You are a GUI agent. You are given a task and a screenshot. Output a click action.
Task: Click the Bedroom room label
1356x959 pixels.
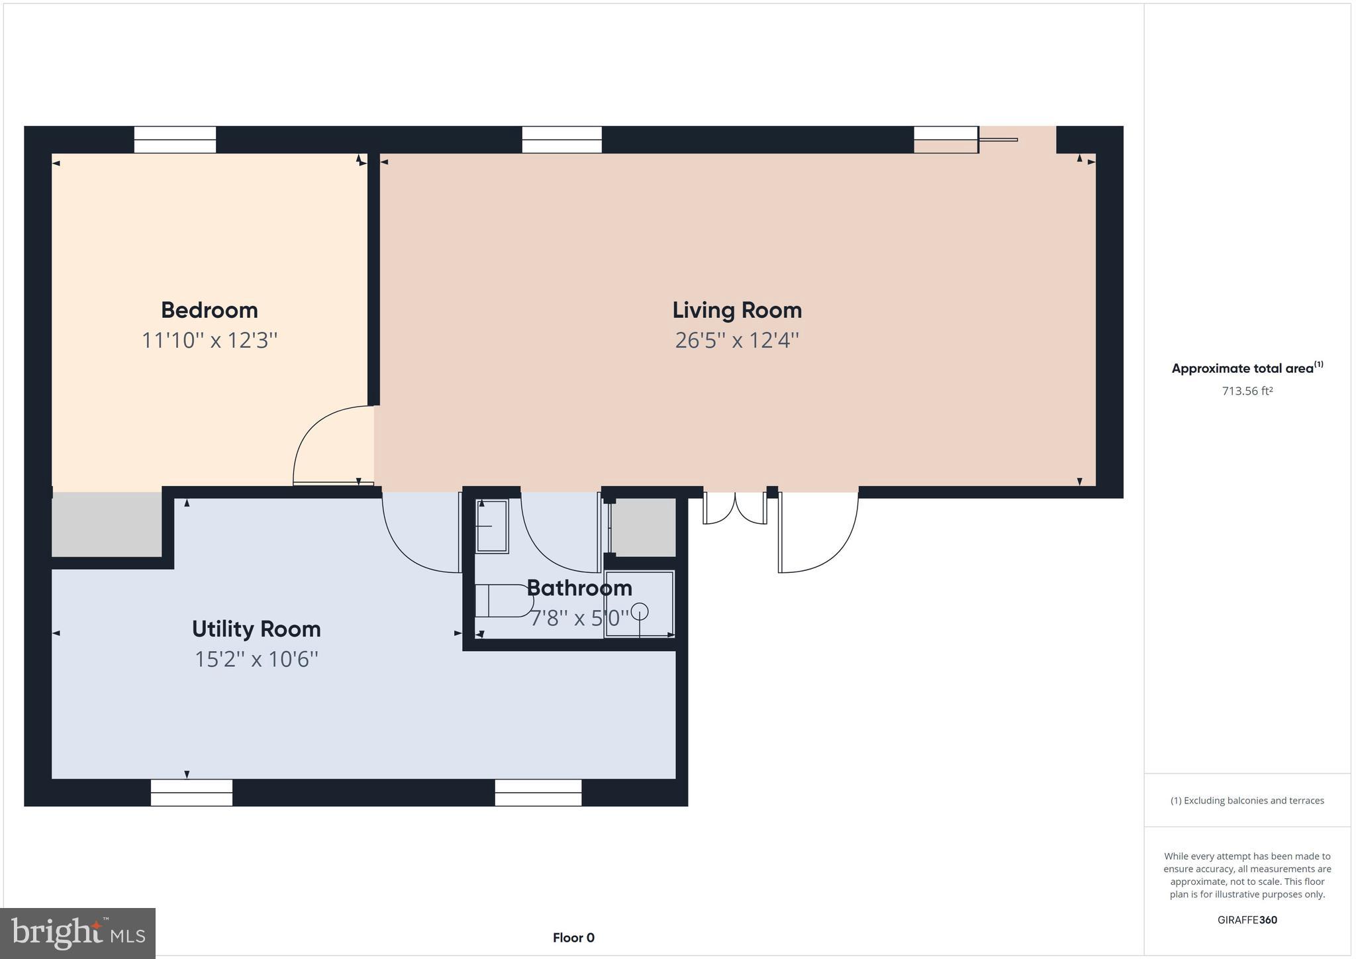(209, 310)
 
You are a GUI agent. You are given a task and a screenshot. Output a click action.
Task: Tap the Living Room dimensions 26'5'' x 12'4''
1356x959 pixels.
(736, 340)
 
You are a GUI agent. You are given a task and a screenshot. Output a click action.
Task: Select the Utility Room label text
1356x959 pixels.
(256, 629)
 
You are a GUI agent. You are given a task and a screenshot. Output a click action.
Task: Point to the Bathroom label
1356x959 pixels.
(579, 587)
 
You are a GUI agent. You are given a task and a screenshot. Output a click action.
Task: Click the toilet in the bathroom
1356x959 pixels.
(503, 601)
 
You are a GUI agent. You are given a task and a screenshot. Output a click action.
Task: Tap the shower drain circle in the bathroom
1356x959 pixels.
(640, 611)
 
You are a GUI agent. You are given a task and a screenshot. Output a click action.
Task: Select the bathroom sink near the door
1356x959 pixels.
(492, 526)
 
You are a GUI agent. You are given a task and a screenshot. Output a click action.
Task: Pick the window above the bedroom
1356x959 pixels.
(175, 140)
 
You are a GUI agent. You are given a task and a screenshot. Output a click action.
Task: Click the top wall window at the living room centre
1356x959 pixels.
(561, 140)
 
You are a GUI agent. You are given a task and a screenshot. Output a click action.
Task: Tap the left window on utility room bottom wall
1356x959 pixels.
(191, 792)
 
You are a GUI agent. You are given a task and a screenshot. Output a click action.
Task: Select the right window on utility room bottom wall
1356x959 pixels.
(538, 792)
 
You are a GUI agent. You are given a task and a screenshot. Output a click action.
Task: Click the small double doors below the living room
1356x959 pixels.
(735, 509)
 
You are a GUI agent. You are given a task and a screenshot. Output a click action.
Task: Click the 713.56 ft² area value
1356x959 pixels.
(1247, 391)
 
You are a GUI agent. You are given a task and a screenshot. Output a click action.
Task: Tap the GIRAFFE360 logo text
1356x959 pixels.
(1247, 920)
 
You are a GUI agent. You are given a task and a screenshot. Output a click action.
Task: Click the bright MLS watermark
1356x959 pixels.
(78, 933)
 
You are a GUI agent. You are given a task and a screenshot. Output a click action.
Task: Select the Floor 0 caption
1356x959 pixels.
(573, 938)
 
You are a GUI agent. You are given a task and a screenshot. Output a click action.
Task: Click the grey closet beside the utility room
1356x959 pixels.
(107, 525)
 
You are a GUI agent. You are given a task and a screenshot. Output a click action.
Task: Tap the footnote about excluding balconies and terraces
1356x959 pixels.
(1247, 801)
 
